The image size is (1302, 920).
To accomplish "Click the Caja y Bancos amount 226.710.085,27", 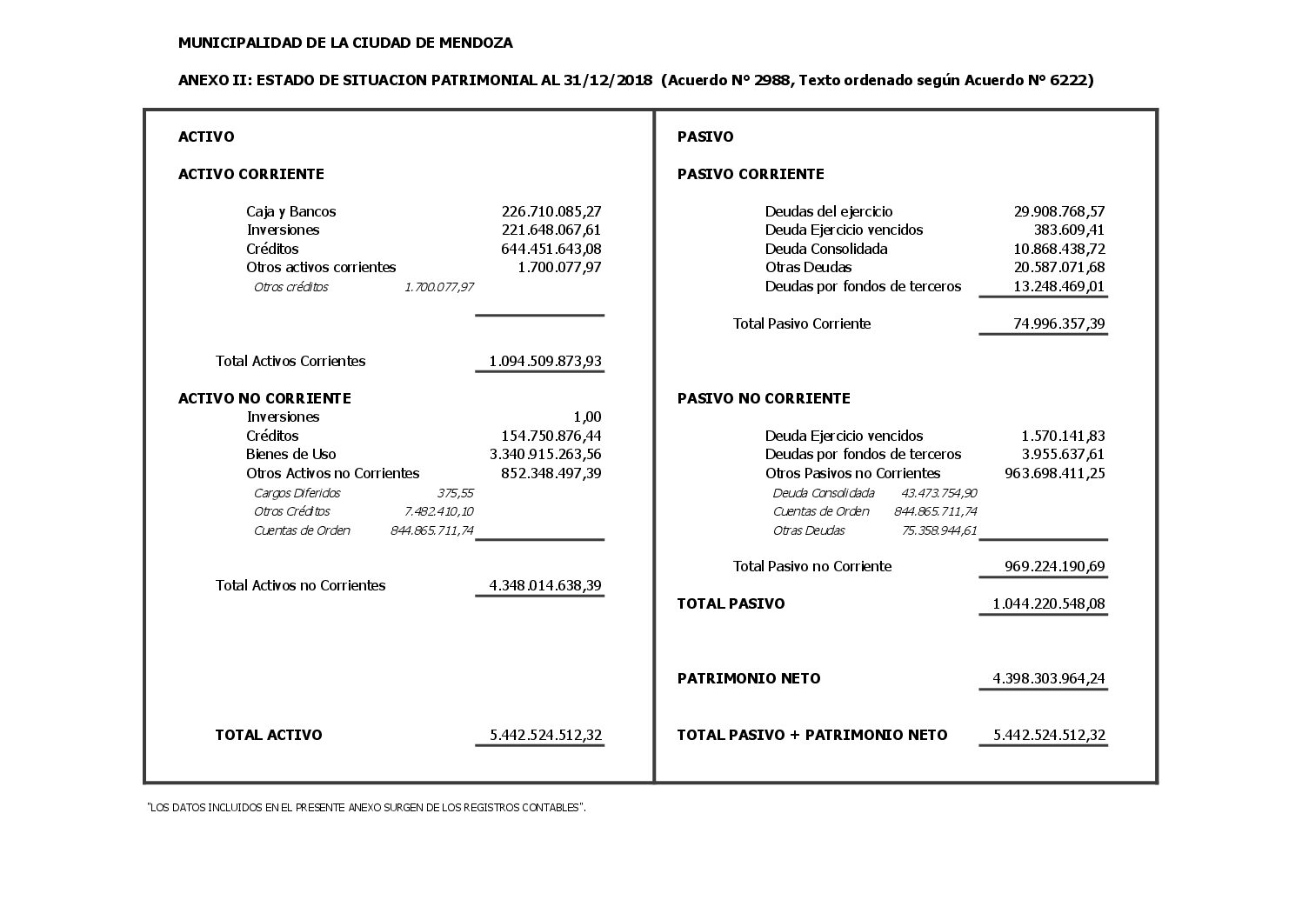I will tap(551, 211).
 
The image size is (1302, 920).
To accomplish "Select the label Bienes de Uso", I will tap(290, 454).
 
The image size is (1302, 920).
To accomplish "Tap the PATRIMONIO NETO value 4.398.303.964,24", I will tap(1049, 678).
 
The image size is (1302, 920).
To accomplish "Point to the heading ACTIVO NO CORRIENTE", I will tap(264, 398).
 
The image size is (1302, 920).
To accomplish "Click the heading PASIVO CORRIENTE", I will tap(751, 174).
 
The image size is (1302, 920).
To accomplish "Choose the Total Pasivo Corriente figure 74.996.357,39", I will tap(1059, 323).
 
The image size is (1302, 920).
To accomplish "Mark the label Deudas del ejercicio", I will tap(829, 211).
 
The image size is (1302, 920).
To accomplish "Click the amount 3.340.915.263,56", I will tap(545, 454).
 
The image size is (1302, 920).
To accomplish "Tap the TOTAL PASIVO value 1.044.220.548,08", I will tap(1049, 603).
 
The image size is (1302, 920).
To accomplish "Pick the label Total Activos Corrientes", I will tap(290, 361).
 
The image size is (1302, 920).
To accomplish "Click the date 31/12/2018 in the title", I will tap(601, 80).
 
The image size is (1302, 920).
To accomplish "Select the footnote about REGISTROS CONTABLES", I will tap(366, 808).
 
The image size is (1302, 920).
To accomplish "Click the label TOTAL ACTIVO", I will tap(269, 735).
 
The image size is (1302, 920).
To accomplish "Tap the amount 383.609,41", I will tap(1070, 230).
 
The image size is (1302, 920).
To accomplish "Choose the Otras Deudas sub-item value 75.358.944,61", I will tap(939, 530).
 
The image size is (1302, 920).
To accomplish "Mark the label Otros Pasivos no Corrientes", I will tap(852, 473).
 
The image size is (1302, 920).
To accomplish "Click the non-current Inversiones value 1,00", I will tap(587, 417).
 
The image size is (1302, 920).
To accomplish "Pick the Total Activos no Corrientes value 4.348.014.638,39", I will tap(545, 585).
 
